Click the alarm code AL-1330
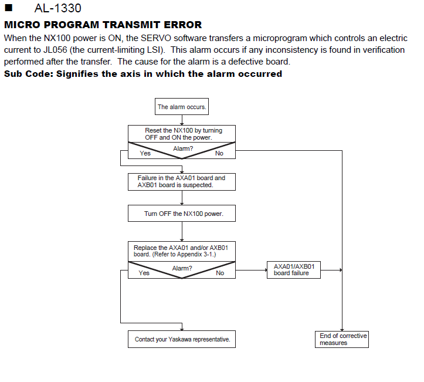[x=57, y=8]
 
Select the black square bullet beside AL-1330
[x=9, y=8]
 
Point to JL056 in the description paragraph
[x=55, y=50]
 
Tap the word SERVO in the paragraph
[x=156, y=38]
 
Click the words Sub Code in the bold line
[x=28, y=74]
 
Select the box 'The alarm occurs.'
[x=182, y=107]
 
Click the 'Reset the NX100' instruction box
[x=182, y=134]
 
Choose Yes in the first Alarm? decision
[x=145, y=153]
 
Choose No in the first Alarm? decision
[x=219, y=153]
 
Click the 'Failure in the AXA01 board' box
[x=182, y=182]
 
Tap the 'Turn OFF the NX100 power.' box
[x=182, y=214]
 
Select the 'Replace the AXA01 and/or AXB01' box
[x=182, y=251]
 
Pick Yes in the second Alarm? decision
[x=144, y=273]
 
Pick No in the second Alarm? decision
[x=220, y=273]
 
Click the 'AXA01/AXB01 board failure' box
[x=294, y=270]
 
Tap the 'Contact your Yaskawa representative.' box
[x=182, y=339]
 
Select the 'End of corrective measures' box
[x=342, y=339]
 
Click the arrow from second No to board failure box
[x=251, y=270]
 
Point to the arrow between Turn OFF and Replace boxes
[x=182, y=232]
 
